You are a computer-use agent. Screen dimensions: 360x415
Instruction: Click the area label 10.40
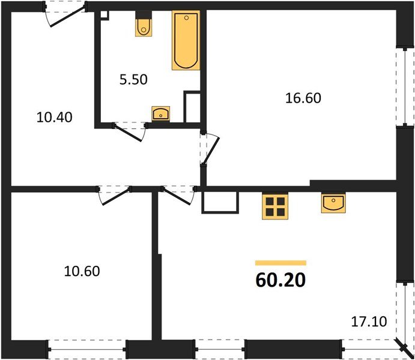(x=54, y=118)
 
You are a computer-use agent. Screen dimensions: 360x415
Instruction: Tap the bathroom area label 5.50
(x=133, y=79)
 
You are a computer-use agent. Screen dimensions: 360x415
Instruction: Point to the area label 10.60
(x=82, y=271)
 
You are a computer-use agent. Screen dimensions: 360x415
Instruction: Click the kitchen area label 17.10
(x=369, y=322)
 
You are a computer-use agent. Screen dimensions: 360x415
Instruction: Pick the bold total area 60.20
(x=280, y=278)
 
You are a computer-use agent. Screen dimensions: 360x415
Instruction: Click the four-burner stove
(x=275, y=206)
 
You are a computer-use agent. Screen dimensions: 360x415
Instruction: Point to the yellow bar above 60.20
(x=280, y=263)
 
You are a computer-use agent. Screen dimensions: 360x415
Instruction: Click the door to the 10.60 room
(x=114, y=195)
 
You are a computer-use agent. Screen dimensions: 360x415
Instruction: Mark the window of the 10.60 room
(x=86, y=347)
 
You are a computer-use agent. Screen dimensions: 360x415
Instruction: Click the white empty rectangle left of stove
(x=220, y=202)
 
